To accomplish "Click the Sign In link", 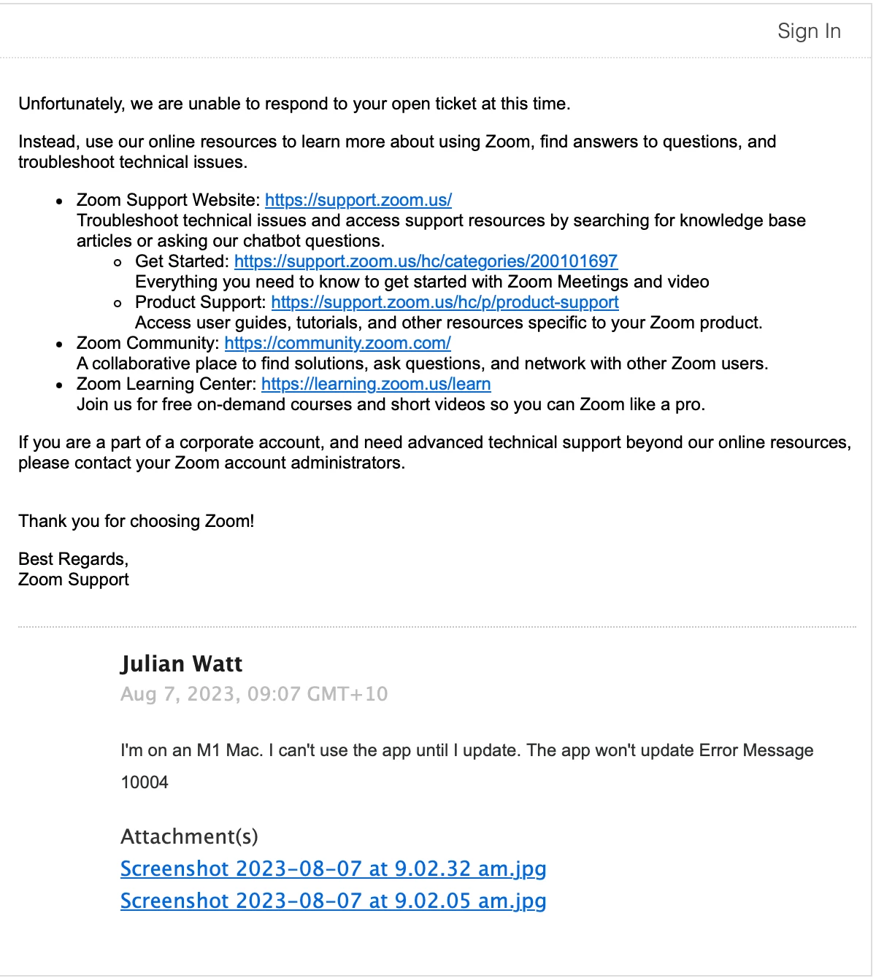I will [809, 31].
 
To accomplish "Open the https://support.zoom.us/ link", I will [358, 200].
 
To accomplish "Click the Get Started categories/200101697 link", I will [426, 261].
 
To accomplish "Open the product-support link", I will [445, 302].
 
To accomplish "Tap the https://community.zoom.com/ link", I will [337, 343].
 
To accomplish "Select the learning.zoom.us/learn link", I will [375, 384].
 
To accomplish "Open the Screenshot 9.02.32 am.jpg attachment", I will [333, 869].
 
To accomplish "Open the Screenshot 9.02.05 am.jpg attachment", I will [333, 901].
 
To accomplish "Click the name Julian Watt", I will [181, 663].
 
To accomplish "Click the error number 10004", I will [145, 782].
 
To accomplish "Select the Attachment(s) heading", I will [189, 836].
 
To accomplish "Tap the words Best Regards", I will [73, 559].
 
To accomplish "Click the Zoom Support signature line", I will [73, 580].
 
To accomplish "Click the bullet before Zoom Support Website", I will [60, 201].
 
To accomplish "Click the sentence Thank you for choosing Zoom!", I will [137, 521].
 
